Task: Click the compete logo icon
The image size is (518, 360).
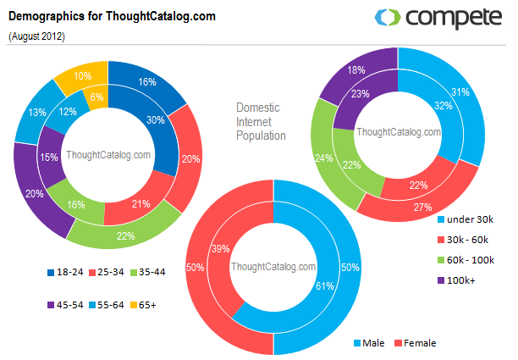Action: click(387, 17)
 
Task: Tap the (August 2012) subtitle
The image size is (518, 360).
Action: click(37, 36)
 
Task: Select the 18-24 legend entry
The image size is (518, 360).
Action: click(64, 273)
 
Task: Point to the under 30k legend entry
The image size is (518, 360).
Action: click(468, 219)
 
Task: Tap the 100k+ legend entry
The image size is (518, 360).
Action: click(460, 280)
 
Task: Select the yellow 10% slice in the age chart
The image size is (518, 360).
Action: click(82, 77)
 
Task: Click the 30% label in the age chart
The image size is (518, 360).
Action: click(156, 119)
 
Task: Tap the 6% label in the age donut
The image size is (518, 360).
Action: click(97, 97)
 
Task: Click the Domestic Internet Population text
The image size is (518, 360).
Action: click(261, 122)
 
